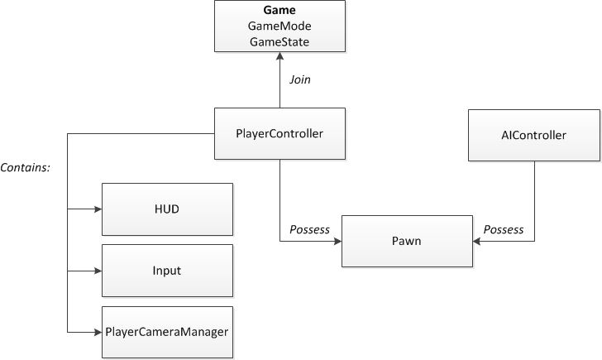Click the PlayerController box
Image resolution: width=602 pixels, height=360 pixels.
[279, 133]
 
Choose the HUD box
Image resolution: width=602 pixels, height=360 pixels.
[167, 209]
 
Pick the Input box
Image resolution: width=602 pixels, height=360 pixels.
[167, 271]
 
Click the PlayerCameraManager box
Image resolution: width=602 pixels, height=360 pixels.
[167, 332]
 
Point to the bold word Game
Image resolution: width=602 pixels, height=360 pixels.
[279, 12]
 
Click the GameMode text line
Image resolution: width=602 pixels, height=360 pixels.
[279, 26]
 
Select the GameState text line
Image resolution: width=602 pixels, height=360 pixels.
[279, 41]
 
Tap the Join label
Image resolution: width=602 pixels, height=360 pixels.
[299, 80]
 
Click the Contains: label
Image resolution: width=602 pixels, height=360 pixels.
[26, 167]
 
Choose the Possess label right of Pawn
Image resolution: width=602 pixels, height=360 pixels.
[503, 229]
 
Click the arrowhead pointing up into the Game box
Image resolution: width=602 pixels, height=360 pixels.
[279, 59]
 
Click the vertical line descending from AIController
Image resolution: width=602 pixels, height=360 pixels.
[533, 199]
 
